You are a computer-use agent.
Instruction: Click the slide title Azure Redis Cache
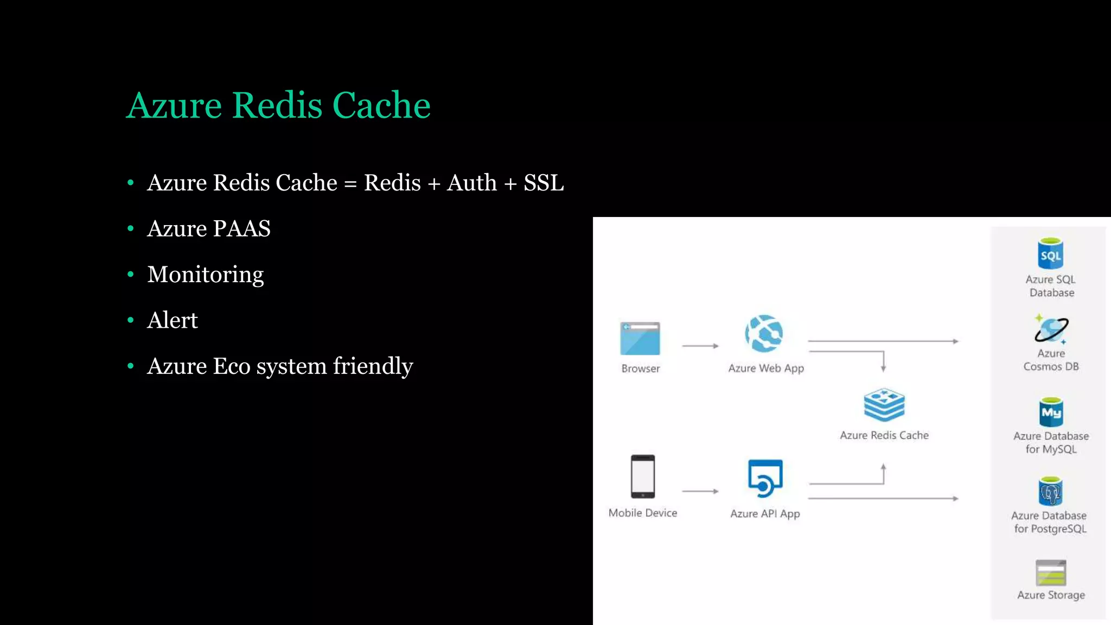click(278, 105)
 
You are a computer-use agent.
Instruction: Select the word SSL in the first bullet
click(544, 183)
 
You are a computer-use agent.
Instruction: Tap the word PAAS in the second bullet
click(241, 228)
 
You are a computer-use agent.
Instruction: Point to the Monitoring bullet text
click(206, 275)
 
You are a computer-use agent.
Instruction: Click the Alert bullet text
click(173, 320)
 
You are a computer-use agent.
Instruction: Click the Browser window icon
click(640, 339)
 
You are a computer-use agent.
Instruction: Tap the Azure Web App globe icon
click(764, 333)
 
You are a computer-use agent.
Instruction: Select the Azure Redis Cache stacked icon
click(884, 405)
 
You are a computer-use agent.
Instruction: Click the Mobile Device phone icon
click(643, 476)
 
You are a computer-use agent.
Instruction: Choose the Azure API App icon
click(765, 478)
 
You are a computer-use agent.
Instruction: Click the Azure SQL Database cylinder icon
click(1050, 253)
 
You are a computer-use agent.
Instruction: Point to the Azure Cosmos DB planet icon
click(1051, 329)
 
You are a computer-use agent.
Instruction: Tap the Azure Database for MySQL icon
click(1051, 412)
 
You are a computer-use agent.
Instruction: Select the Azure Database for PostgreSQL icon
click(1050, 492)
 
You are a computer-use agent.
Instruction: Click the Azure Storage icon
click(1051, 573)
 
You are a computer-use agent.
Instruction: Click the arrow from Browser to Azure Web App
click(700, 346)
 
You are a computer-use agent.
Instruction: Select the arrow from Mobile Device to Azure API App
click(700, 491)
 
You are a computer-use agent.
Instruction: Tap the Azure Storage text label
click(1051, 595)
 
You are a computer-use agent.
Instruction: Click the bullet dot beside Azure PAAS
click(130, 229)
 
